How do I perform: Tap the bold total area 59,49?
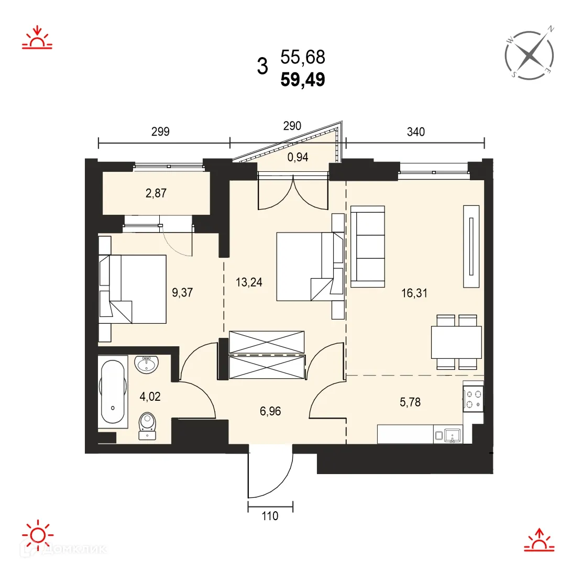click(303, 79)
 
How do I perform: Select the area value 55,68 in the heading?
click(303, 56)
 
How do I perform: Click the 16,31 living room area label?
click(415, 293)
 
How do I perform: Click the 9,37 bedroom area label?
click(183, 292)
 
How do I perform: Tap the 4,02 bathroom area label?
click(150, 396)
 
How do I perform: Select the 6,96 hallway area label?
click(270, 411)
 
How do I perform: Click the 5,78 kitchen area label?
click(410, 402)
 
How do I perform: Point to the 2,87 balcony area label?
click(157, 193)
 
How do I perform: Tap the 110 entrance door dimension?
click(270, 516)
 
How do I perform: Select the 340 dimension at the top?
click(415, 132)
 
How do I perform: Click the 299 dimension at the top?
click(160, 132)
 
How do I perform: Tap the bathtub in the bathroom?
click(113, 391)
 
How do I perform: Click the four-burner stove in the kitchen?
click(473, 399)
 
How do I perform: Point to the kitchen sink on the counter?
click(450, 434)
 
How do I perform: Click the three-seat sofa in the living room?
click(368, 246)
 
